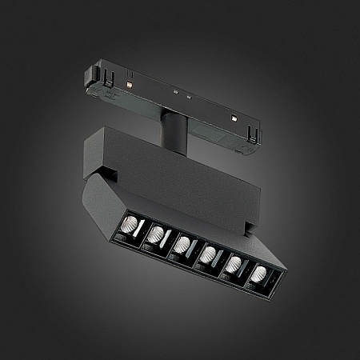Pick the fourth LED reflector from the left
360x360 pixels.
209,254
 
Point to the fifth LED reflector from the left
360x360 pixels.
235,266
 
